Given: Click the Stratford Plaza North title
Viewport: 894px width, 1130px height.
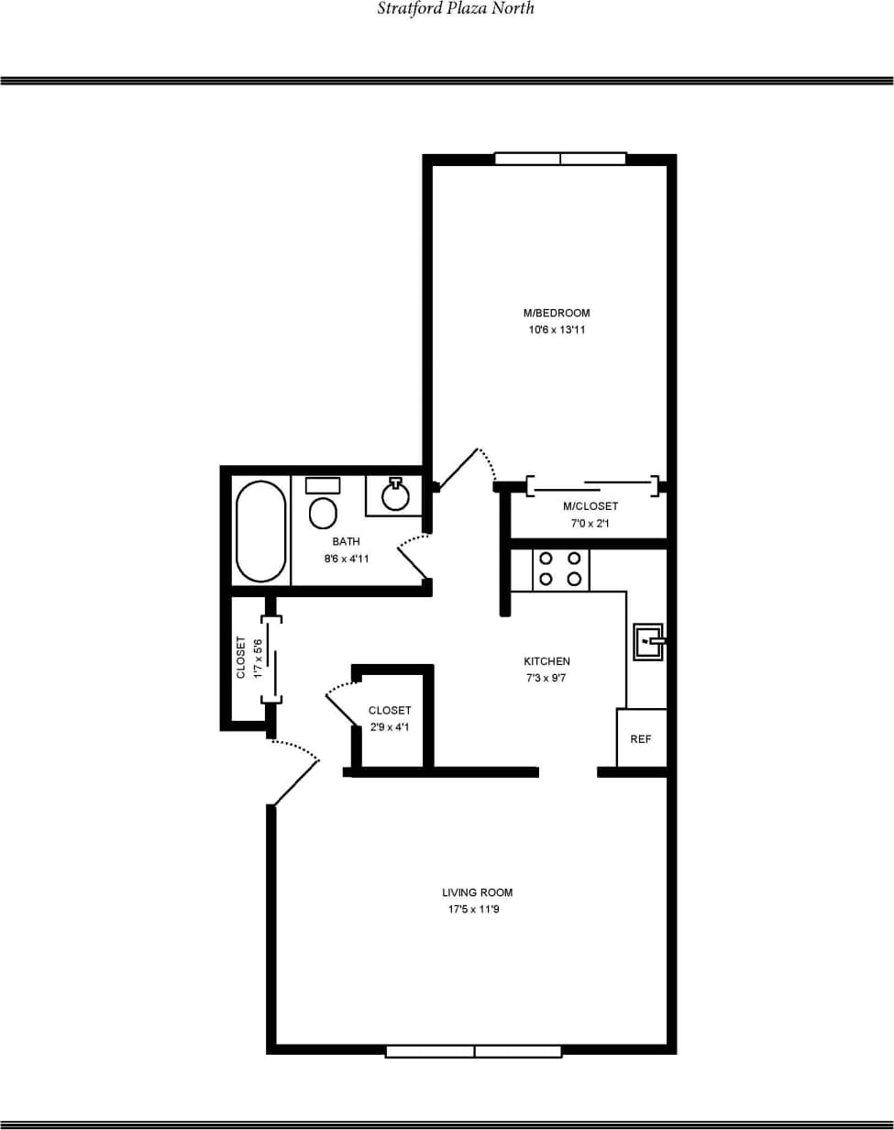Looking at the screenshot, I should (x=456, y=8).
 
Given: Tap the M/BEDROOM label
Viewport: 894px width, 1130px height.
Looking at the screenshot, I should (x=557, y=313).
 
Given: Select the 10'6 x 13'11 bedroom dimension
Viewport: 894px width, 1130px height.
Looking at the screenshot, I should (x=557, y=329).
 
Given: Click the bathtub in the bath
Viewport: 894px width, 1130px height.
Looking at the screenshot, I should (x=260, y=531).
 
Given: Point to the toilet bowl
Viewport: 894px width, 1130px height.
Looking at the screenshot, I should (x=323, y=513).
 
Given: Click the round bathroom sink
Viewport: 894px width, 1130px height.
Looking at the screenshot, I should (x=395, y=495).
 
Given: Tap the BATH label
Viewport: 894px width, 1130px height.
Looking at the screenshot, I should (x=347, y=542).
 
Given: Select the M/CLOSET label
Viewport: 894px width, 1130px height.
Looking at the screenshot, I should (x=590, y=506).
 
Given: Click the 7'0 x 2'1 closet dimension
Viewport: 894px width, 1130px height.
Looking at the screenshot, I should (x=590, y=524).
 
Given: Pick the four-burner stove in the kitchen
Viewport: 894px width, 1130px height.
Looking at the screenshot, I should (x=560, y=569).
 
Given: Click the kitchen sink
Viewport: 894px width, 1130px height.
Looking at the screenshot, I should (x=648, y=641).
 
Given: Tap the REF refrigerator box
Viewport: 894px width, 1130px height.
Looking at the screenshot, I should (x=641, y=738).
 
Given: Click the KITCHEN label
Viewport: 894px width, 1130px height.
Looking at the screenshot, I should (x=546, y=661).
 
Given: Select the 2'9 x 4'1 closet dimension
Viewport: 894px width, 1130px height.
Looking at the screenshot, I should (x=390, y=727).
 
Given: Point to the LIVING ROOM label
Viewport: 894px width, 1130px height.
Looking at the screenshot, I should (x=477, y=892).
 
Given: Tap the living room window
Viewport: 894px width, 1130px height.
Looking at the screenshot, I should (x=473, y=1051).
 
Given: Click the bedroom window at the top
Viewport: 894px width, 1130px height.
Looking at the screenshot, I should (x=560, y=159).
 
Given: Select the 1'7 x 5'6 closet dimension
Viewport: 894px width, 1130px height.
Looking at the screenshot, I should (x=258, y=658).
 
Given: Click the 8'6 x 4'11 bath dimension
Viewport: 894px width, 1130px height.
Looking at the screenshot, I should (x=347, y=559).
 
